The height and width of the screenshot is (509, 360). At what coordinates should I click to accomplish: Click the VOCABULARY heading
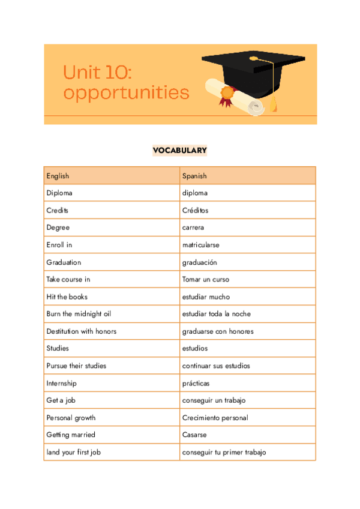click(180, 150)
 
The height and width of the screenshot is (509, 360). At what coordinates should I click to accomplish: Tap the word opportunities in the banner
click(126, 93)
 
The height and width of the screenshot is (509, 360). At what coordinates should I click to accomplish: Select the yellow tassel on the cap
click(274, 106)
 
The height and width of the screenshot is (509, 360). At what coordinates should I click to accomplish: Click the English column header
click(58, 176)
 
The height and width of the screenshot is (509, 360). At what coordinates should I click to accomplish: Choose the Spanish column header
click(194, 176)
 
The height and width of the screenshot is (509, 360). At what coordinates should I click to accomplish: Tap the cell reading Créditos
click(196, 211)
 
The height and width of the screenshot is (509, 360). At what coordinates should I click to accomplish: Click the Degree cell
click(58, 228)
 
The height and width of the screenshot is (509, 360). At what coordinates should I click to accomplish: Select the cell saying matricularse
click(200, 245)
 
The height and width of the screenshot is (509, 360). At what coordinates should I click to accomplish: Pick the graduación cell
click(200, 262)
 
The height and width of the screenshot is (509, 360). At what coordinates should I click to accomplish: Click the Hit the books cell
click(67, 297)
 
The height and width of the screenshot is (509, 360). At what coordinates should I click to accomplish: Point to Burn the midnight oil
click(79, 314)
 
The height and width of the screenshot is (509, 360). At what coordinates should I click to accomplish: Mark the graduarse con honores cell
click(218, 331)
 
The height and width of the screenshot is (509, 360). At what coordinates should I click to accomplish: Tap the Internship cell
click(61, 383)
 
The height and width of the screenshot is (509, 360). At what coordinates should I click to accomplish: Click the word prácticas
click(196, 383)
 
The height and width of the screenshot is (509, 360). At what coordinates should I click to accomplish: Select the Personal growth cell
click(71, 418)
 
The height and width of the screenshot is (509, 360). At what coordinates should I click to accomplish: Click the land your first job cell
click(73, 452)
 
